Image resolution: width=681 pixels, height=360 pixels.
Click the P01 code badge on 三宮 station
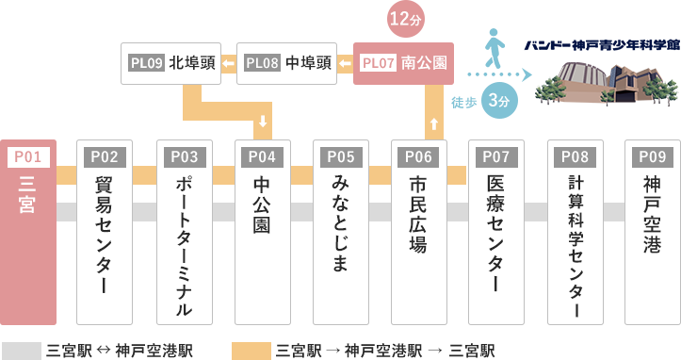[x=28, y=157]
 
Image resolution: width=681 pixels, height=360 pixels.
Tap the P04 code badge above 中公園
[x=263, y=157]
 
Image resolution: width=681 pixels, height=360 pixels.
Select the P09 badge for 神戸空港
[x=653, y=157]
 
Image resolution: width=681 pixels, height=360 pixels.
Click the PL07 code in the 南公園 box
[x=379, y=63]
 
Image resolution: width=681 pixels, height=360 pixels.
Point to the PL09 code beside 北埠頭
[x=146, y=63]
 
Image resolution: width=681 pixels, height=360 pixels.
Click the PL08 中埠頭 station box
[x=286, y=63]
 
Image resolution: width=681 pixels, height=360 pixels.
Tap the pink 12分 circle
[x=406, y=19]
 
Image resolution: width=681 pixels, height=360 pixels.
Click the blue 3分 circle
[x=499, y=101]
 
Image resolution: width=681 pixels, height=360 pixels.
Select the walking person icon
[x=495, y=48]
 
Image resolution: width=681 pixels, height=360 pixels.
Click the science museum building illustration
[x=607, y=84]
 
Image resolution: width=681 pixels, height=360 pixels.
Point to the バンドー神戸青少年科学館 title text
[x=602, y=45]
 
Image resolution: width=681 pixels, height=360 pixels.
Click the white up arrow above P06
[x=434, y=124]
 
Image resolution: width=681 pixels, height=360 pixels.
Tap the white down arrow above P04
[x=263, y=121]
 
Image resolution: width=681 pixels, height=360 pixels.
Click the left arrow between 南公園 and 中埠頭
[x=345, y=64]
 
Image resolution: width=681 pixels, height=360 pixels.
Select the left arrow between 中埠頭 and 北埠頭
[x=229, y=64]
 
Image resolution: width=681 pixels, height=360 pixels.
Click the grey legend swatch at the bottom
[x=22, y=351]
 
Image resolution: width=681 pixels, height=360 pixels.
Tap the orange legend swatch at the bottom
[x=251, y=351]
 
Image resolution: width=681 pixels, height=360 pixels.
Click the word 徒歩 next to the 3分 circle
[x=464, y=103]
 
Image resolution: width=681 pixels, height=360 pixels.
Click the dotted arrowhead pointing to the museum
[x=527, y=74]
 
